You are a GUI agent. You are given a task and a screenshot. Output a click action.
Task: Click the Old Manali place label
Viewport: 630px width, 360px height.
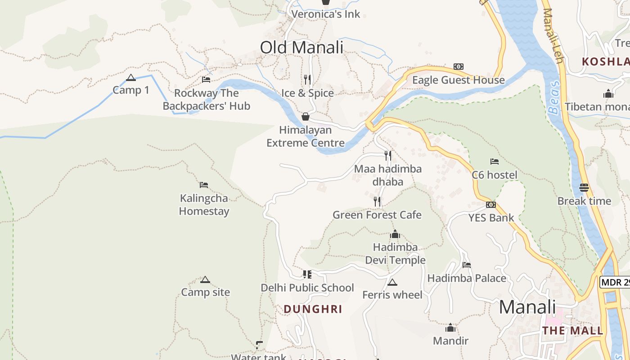click(x=301, y=47)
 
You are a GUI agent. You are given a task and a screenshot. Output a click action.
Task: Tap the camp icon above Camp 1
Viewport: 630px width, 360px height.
click(x=131, y=77)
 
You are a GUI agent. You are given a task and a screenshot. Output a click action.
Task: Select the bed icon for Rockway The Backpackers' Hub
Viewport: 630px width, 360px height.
click(x=206, y=80)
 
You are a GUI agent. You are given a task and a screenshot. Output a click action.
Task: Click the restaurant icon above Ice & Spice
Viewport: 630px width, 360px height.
click(x=307, y=80)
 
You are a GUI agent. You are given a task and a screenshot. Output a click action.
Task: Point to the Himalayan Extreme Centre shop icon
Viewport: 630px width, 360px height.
click(x=306, y=117)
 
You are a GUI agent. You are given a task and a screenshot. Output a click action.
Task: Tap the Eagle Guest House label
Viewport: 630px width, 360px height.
click(x=459, y=80)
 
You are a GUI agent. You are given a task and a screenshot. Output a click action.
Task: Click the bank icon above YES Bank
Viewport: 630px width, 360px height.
click(x=491, y=205)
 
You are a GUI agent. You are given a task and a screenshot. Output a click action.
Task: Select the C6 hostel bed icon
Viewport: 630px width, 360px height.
click(x=495, y=162)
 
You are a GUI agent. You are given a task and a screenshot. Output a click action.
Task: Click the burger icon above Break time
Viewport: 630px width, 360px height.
click(x=584, y=188)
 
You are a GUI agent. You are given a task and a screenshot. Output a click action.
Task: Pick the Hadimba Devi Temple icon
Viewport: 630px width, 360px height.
click(x=395, y=234)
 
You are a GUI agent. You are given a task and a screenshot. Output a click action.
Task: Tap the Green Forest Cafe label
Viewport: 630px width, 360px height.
click(x=377, y=215)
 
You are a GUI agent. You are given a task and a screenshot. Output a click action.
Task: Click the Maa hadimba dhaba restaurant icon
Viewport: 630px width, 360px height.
click(x=387, y=156)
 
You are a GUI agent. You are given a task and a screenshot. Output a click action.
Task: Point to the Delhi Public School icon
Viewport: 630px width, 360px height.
click(x=307, y=274)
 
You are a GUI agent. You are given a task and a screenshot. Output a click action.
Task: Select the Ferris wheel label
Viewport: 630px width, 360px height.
click(x=392, y=295)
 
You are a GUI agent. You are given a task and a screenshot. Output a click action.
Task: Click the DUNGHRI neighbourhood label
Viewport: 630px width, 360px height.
click(x=313, y=309)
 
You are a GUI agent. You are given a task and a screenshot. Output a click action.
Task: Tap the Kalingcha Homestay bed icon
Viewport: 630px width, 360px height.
click(x=204, y=185)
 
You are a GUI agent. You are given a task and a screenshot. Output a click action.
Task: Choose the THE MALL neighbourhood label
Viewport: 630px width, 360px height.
click(x=572, y=331)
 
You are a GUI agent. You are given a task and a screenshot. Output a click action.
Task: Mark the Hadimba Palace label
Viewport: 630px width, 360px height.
click(x=467, y=279)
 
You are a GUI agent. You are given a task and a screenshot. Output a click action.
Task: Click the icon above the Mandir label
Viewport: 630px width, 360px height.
click(x=450, y=328)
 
